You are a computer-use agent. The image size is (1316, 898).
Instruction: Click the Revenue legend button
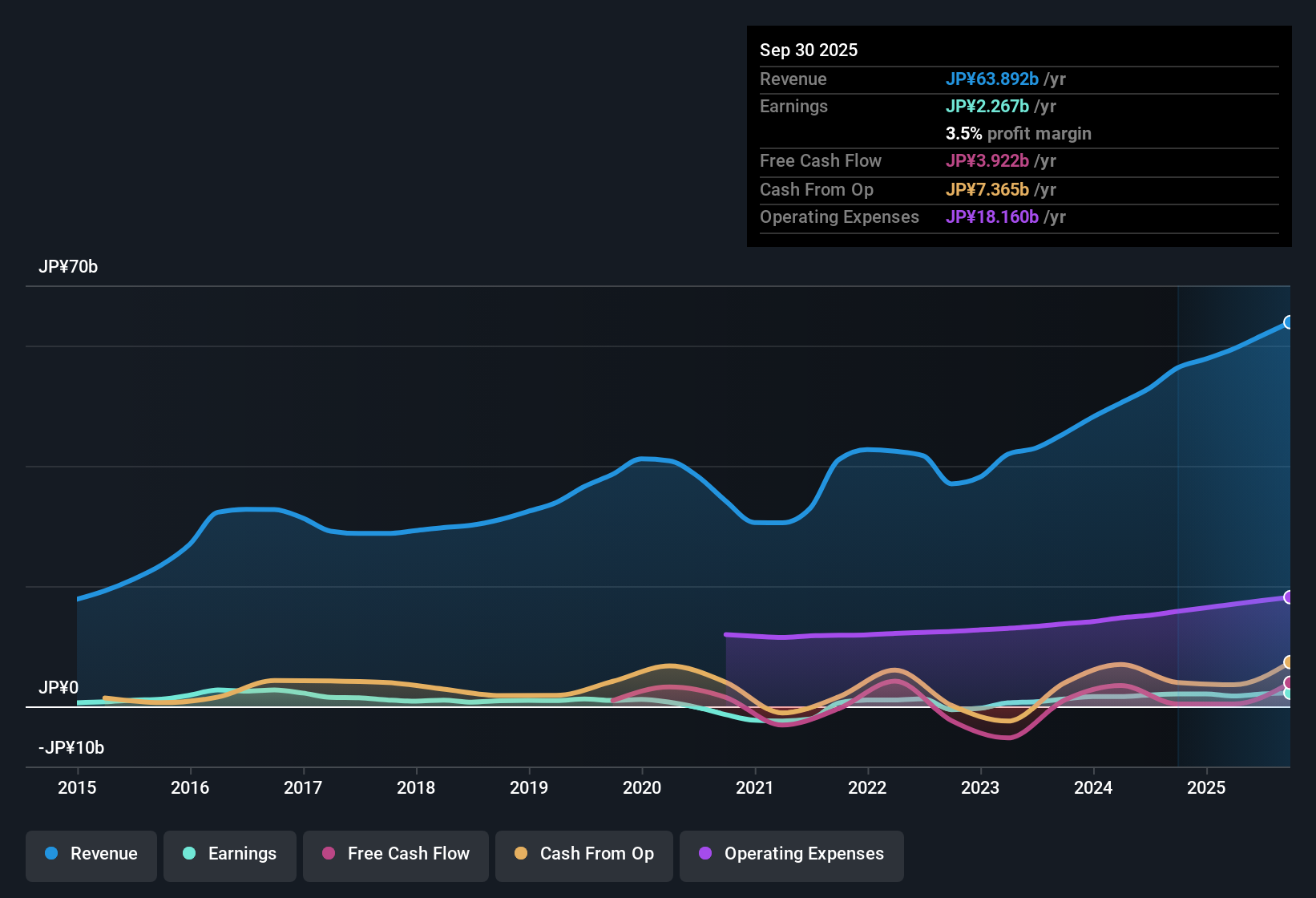(91, 854)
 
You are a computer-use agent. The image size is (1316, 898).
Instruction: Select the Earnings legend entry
(230, 854)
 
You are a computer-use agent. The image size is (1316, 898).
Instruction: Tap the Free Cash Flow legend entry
(396, 854)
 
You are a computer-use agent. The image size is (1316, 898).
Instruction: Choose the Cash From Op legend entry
(584, 854)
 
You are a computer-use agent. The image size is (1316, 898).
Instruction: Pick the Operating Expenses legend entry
(792, 854)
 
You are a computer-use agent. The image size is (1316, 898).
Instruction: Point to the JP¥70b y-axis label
(68, 267)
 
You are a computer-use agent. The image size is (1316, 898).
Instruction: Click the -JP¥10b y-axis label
(71, 748)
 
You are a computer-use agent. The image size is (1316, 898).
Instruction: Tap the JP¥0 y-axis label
(59, 688)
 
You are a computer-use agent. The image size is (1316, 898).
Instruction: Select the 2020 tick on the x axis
(642, 788)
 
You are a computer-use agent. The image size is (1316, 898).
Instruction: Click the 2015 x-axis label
(77, 788)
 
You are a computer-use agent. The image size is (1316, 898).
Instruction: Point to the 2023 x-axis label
(980, 788)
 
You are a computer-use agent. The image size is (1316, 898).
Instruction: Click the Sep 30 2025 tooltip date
(809, 51)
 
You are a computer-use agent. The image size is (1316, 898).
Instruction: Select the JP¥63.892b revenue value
(991, 79)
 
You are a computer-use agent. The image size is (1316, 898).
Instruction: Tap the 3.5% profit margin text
(1018, 134)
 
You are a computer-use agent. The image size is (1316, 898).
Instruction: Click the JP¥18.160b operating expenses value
(991, 217)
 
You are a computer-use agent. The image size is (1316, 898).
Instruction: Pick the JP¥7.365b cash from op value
(987, 190)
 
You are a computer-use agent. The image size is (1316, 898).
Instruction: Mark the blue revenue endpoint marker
(1288, 322)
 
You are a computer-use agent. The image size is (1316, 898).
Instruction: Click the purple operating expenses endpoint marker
(1288, 597)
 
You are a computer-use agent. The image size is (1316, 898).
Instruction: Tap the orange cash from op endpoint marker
(1288, 662)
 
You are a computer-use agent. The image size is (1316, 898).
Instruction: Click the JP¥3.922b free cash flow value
(987, 161)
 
